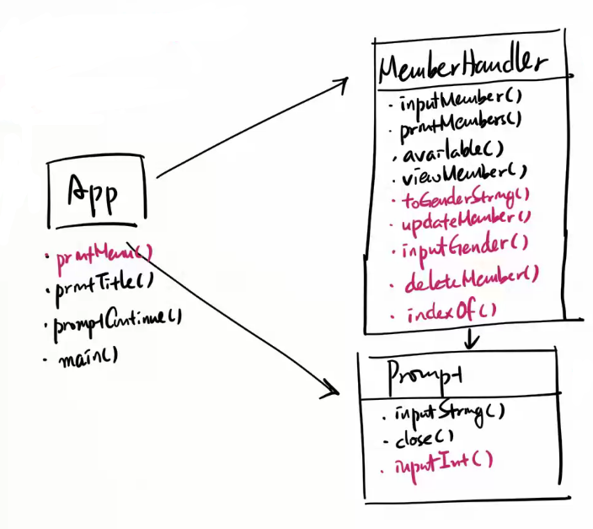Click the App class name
pyautogui.click(x=96, y=192)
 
